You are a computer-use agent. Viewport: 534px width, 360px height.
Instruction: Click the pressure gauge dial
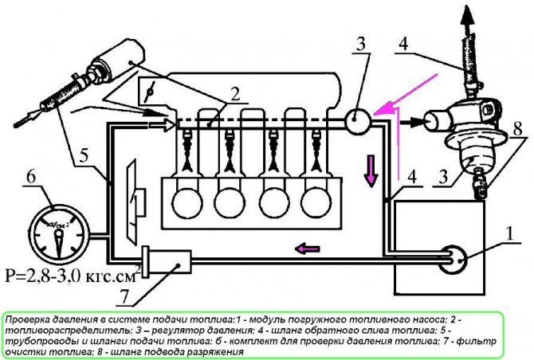click(59, 236)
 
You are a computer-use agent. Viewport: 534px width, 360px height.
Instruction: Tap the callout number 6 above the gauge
click(31, 177)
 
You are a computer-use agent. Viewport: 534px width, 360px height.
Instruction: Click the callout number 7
click(125, 297)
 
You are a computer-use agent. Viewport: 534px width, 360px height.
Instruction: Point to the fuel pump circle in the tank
click(452, 260)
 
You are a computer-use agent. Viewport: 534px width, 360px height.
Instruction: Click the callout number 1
click(509, 234)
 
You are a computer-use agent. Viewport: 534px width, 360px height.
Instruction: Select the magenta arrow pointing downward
click(371, 170)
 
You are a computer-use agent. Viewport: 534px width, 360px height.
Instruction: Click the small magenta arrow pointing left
click(308, 248)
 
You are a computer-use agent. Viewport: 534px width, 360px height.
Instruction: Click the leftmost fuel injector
click(187, 151)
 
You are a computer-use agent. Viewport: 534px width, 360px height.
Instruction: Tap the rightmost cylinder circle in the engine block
click(316, 202)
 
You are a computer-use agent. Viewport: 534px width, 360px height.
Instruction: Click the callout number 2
click(236, 94)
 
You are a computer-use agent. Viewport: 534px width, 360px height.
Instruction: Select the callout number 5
click(84, 156)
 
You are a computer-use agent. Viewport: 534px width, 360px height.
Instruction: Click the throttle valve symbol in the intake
click(150, 91)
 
